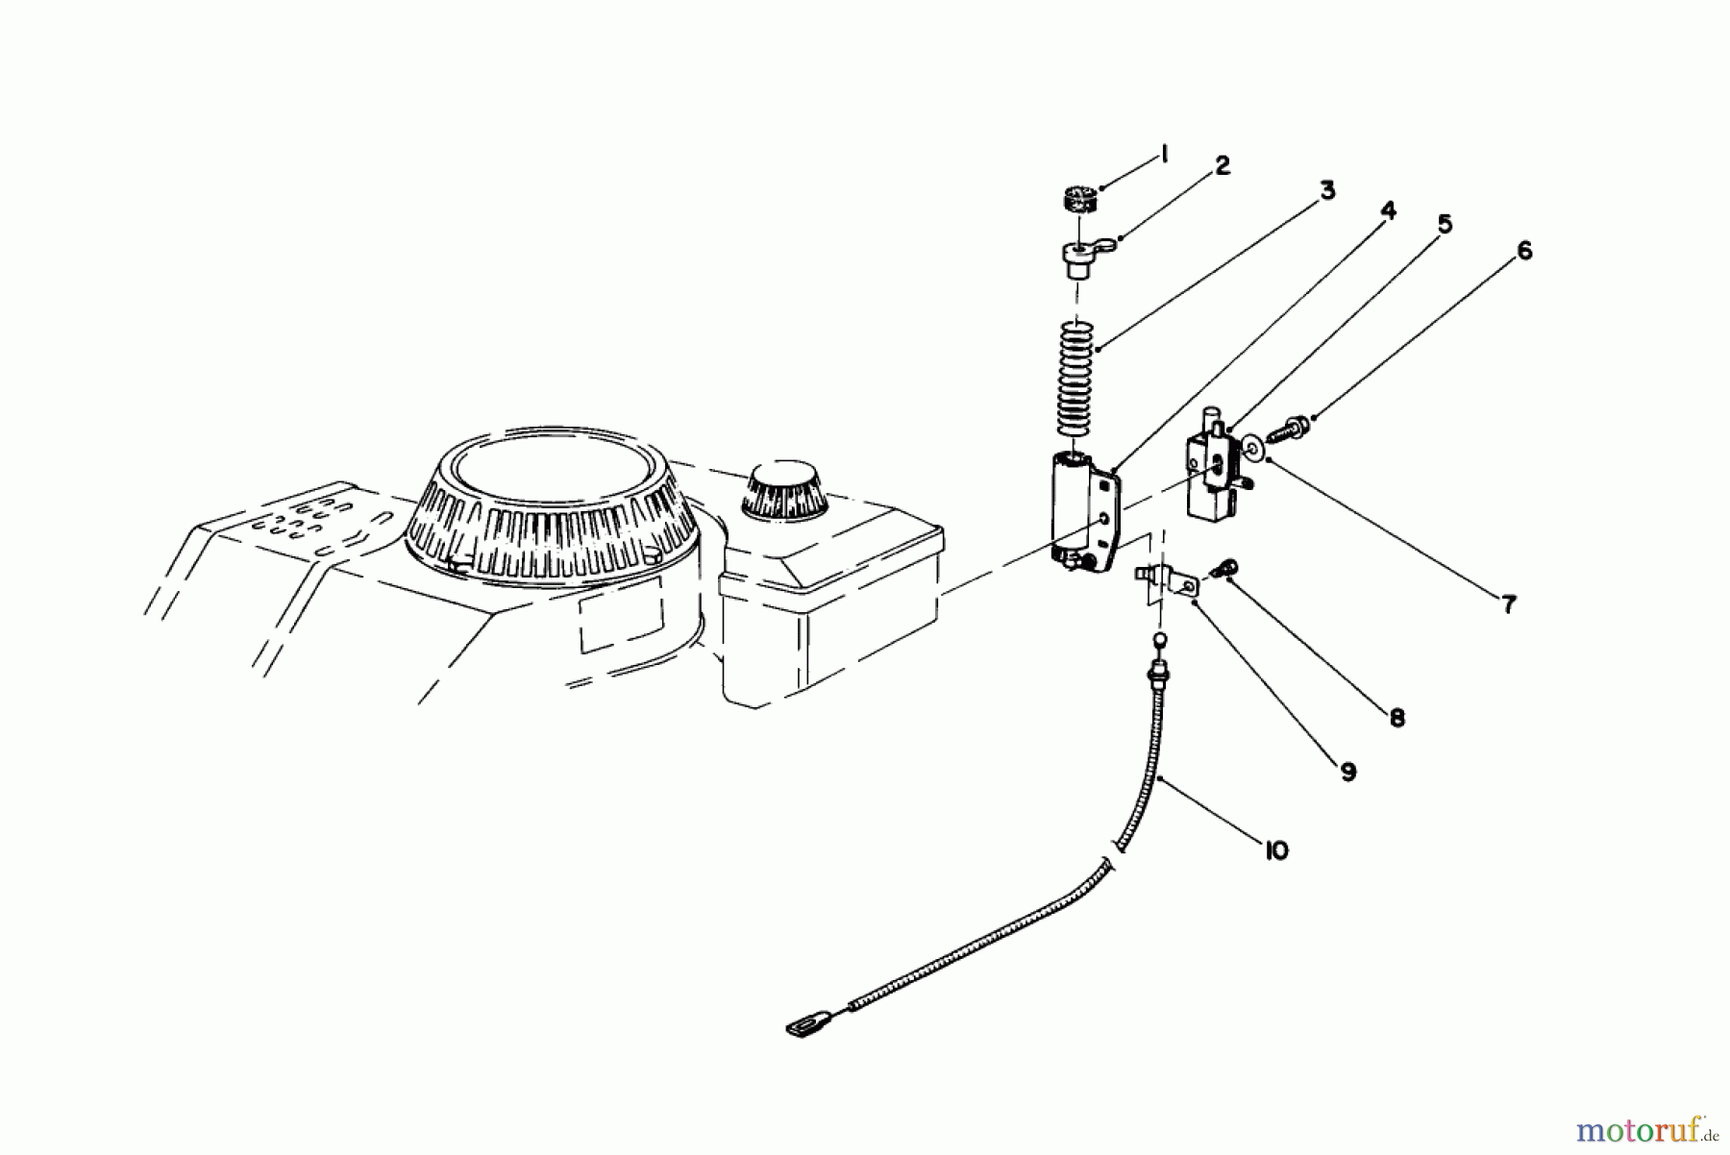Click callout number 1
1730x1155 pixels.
1164,154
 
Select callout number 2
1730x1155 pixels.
1222,165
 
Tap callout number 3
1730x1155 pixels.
1327,190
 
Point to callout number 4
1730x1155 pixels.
1388,210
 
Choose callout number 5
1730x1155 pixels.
1445,224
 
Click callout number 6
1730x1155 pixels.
1524,251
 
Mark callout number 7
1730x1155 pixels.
1508,604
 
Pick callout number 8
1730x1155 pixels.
1396,717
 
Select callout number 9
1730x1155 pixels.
1347,771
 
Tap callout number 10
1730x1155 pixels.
1275,850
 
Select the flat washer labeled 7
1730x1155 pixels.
1252,448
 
